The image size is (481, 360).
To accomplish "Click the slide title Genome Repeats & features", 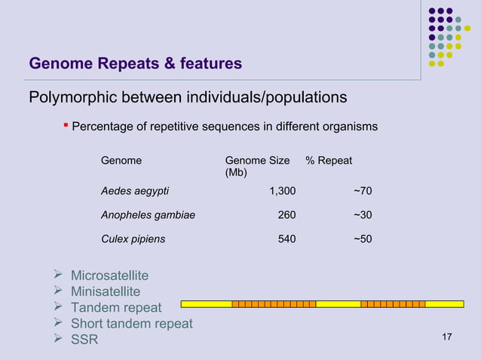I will point(135,64).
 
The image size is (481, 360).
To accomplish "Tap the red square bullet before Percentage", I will point(66,125).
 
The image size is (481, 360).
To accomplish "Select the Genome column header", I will point(121,160).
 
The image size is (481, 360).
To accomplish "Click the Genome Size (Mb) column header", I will point(257,166).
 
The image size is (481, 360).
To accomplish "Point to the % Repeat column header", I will point(329,160).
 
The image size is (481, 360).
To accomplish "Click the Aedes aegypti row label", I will point(135,191).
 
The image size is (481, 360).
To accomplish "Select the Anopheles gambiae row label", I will point(148,215).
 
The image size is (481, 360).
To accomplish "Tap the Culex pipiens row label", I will point(133,239).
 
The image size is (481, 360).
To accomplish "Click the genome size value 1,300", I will point(282,191).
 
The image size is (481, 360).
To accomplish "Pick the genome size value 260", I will point(286,215).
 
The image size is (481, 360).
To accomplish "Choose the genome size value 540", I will point(286,239).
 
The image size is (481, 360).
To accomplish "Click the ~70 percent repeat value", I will point(362,191).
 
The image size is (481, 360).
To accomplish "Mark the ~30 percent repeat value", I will point(362,215).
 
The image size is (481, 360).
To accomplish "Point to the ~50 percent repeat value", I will point(362,239).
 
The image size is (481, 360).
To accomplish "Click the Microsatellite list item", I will point(109,276).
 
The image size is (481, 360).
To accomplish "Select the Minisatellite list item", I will point(106,291).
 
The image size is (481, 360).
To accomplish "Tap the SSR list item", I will point(84,340).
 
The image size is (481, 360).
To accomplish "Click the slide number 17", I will point(446,336).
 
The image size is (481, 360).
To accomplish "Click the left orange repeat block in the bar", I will point(274,304).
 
